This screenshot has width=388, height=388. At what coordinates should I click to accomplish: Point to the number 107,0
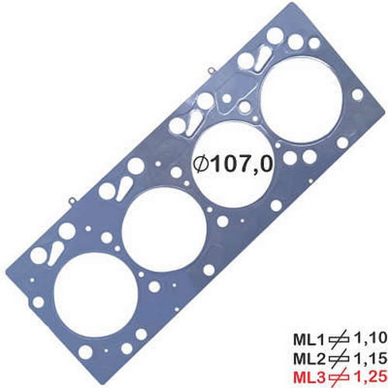tap(232, 165)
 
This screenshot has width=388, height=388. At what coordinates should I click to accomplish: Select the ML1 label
tap(308, 339)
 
